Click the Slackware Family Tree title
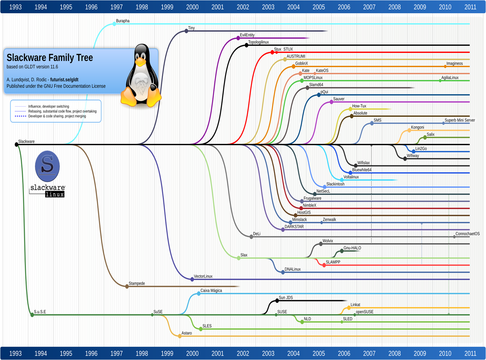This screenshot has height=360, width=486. click(50, 58)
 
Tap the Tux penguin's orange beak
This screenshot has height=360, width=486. click(141, 62)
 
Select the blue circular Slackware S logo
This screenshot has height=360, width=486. click(47, 166)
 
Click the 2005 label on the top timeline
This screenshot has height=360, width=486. click(318, 7)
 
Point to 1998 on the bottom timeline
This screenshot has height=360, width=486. click(142, 353)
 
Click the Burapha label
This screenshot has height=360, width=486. click(123, 21)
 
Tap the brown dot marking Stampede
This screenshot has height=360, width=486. click(127, 286)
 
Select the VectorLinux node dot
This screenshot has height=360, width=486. click(192, 279)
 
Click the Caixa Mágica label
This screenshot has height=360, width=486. click(211, 291)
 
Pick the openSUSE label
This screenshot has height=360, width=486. click(364, 312)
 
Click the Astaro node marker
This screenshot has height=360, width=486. click(180, 336)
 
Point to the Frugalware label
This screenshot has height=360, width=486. click(312, 198)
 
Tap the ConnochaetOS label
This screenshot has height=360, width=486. click(467, 234)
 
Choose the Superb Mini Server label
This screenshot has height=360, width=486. click(460, 120)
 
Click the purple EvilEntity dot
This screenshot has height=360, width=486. click(238, 38)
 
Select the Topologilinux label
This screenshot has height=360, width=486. click(258, 42)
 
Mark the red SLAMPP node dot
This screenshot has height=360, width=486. click(324, 265)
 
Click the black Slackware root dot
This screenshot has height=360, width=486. click(17, 144)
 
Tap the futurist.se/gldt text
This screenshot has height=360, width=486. click(64, 80)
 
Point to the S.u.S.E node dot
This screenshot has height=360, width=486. click(32, 315)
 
